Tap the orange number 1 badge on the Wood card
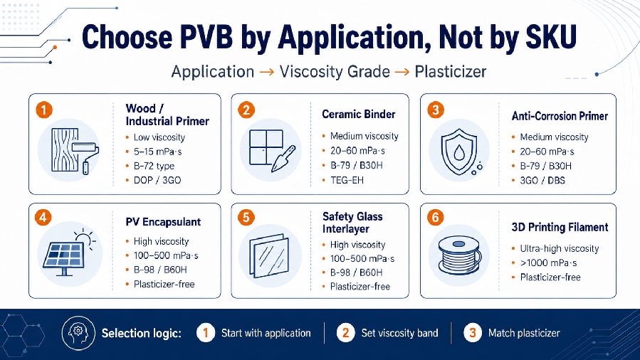point(44,110)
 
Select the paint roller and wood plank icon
point(75,151)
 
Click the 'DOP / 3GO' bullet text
point(157,180)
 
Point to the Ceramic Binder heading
point(358,114)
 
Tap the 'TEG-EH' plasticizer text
point(347,180)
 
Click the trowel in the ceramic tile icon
point(283,159)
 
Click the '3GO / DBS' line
point(542,180)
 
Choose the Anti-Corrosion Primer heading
point(560,116)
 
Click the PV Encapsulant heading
point(163,222)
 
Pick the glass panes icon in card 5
point(269,255)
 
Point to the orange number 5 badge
point(246,217)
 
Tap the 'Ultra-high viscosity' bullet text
point(559,248)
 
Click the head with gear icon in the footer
point(78,333)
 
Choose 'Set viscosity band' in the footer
point(399,333)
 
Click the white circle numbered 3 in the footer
point(473,333)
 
